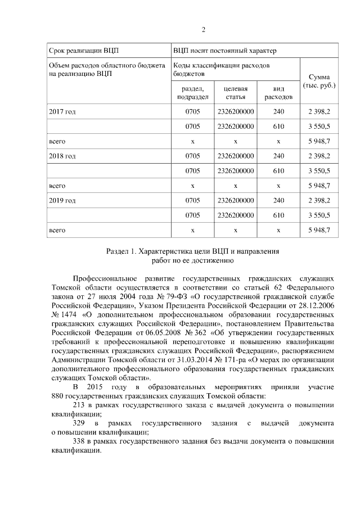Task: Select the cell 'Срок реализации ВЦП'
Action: [77, 51]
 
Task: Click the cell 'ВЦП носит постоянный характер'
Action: [224, 51]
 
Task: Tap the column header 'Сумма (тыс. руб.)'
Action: [319, 81]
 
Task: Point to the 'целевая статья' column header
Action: [236, 93]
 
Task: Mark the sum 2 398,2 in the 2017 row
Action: [319, 112]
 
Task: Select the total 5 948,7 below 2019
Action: [319, 230]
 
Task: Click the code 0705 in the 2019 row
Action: [192, 200]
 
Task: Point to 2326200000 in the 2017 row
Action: [236, 112]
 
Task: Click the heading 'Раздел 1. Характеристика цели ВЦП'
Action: [193, 251]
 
